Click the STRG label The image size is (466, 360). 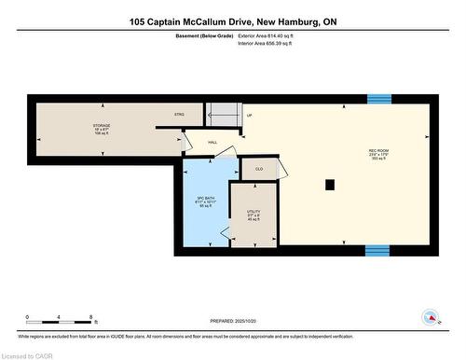(x=179, y=115)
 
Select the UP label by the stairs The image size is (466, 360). (x=250, y=116)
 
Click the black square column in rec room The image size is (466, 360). (x=330, y=185)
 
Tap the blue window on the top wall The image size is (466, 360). (x=378, y=99)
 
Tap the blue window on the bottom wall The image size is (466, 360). (x=377, y=249)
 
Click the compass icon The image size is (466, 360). (x=430, y=317)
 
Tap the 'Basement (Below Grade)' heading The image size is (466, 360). (x=203, y=35)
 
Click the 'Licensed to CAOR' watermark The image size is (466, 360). (x=26, y=353)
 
